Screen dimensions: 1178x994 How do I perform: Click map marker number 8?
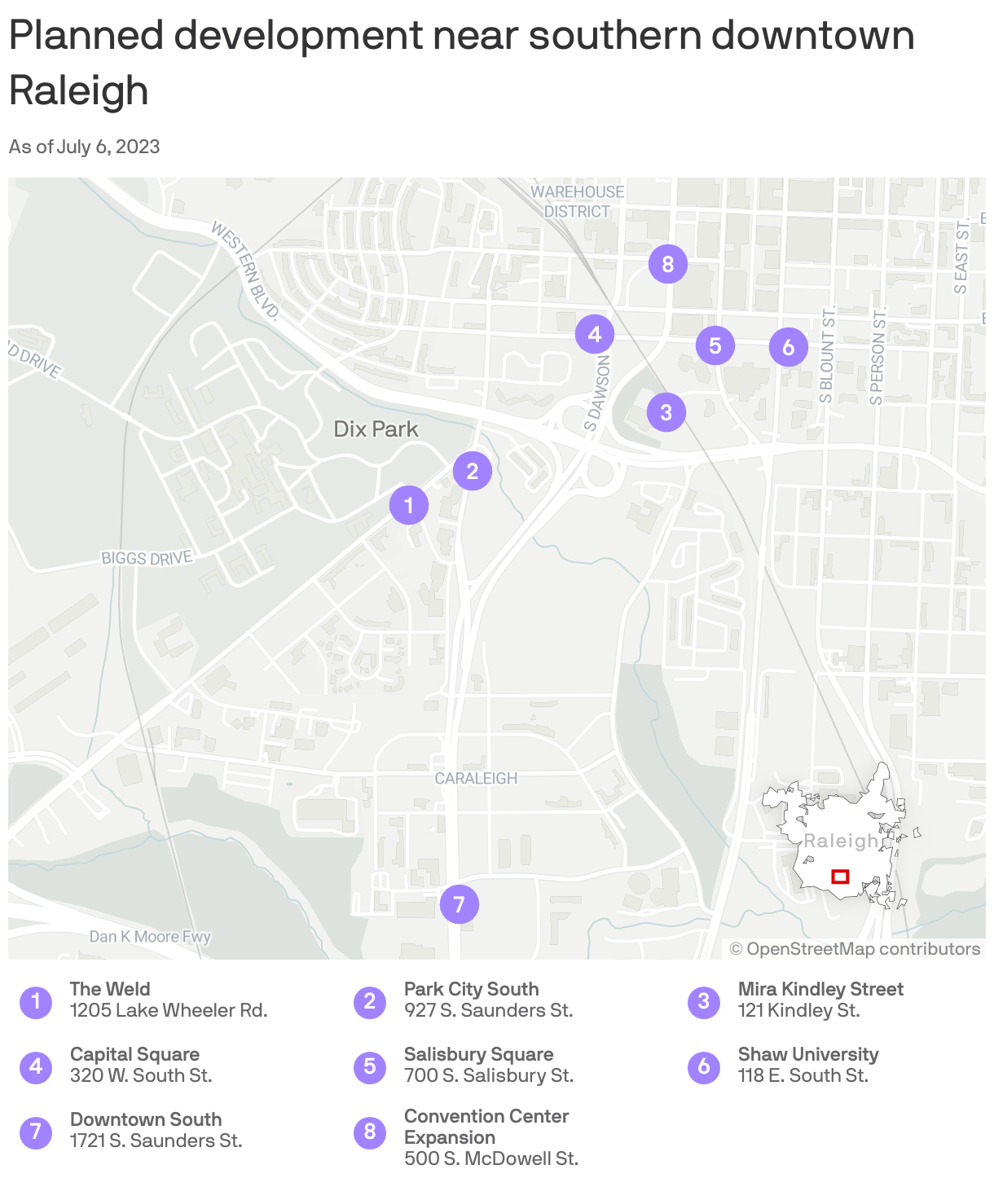(x=668, y=264)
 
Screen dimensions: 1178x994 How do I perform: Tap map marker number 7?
(x=459, y=904)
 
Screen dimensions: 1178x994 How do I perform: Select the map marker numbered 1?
(x=409, y=506)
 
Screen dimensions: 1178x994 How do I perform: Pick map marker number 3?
(x=666, y=412)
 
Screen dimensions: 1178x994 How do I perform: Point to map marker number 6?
(x=788, y=348)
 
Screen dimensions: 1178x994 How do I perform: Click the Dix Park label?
(x=376, y=429)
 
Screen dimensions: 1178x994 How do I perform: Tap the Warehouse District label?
(x=577, y=201)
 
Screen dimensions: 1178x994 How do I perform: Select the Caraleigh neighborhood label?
(x=476, y=779)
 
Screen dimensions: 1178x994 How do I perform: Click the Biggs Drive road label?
(x=147, y=558)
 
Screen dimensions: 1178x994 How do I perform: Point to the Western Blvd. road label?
(x=245, y=270)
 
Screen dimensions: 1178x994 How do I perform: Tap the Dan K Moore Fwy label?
(x=150, y=937)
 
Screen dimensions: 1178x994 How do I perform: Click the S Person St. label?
(x=877, y=357)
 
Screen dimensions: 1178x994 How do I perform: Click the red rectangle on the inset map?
(x=840, y=877)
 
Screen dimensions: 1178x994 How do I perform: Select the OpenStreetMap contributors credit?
(x=855, y=949)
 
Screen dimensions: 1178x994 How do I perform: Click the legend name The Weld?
(x=110, y=989)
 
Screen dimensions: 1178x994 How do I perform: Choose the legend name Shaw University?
(x=808, y=1054)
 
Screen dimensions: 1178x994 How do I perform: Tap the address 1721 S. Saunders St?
(x=156, y=1141)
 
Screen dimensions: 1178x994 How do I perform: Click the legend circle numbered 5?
(x=370, y=1066)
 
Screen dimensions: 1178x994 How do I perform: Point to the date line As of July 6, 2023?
(x=85, y=147)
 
